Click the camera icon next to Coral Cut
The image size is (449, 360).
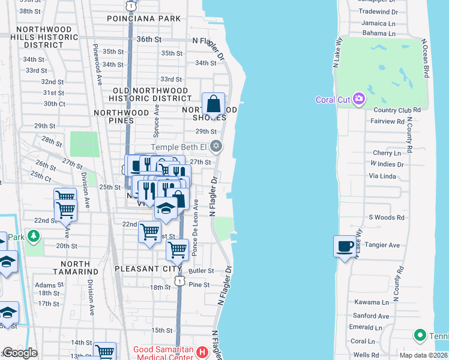[359, 98]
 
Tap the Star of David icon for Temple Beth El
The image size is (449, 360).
[217, 146]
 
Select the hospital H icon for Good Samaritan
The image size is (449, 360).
[202, 352]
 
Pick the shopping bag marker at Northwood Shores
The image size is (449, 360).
[213, 104]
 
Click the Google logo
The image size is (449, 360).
[20, 353]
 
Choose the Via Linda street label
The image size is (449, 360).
[382, 176]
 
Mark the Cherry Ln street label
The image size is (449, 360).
[386, 154]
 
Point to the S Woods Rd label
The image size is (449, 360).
[387, 217]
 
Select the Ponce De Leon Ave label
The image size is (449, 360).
[195, 228]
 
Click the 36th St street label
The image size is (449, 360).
[149, 39]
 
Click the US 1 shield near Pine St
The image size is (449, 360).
[178, 281]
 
